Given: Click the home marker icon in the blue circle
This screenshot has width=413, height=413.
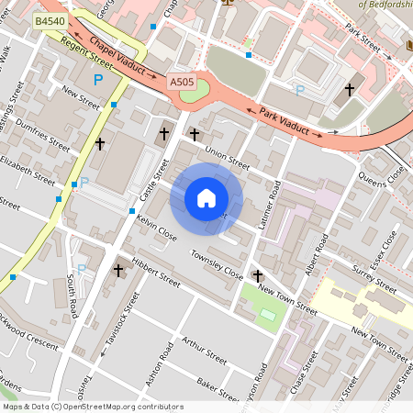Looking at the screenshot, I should point(206,198).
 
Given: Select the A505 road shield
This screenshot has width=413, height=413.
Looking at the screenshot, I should point(182,83).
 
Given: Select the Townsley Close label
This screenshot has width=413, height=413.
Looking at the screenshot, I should point(217,263).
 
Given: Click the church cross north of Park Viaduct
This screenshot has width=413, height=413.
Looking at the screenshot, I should point(349,90).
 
